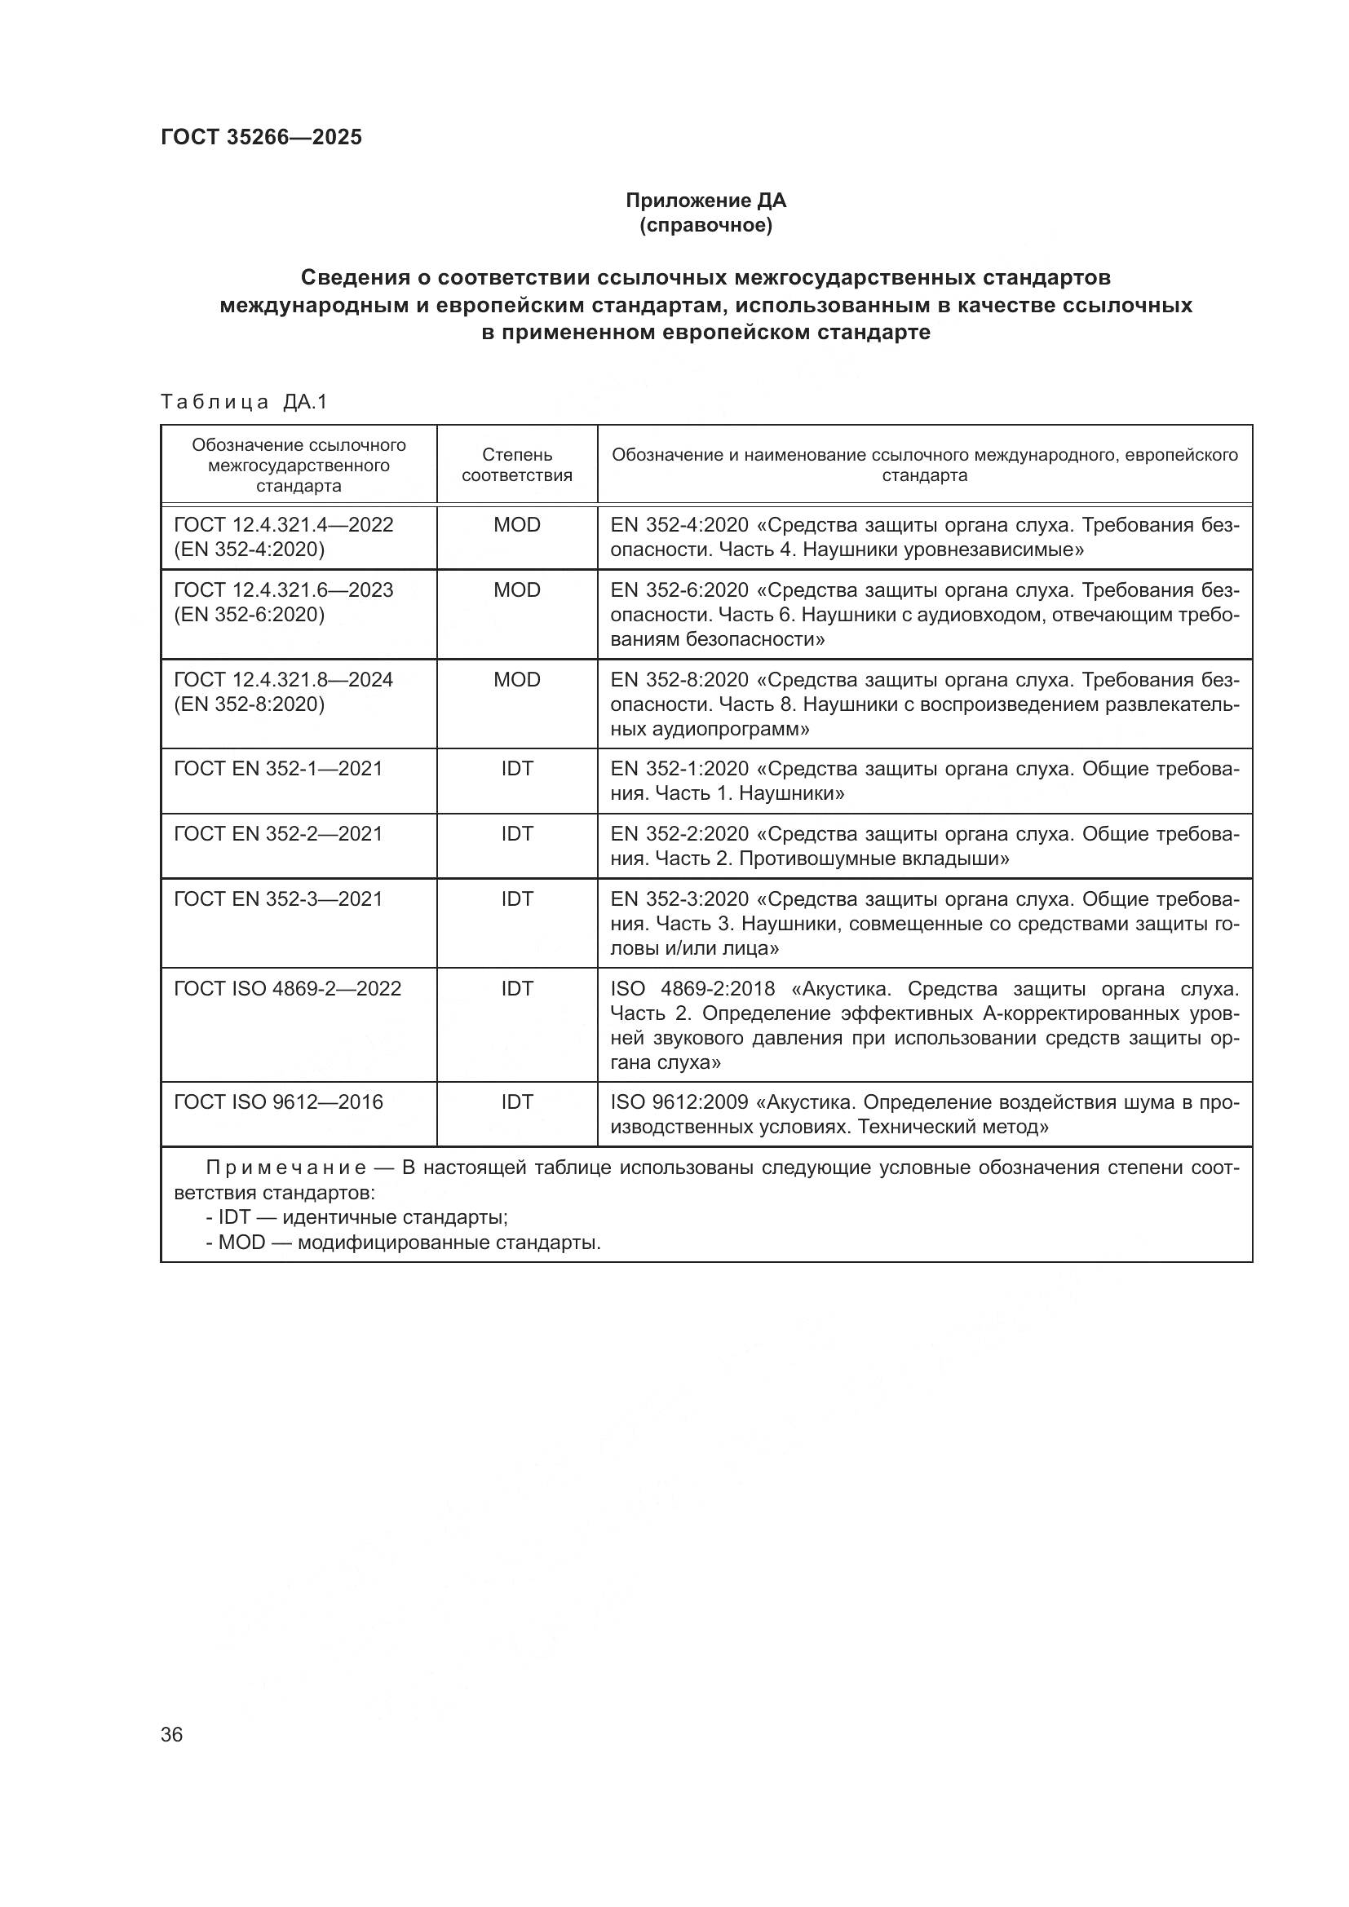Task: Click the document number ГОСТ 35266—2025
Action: click(261, 137)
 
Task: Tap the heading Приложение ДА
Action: click(705, 201)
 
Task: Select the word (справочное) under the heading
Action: click(705, 225)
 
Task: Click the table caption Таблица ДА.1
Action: click(244, 402)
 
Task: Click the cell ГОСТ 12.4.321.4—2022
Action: click(283, 525)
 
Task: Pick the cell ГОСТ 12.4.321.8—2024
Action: click(283, 679)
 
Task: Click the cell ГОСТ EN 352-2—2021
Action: click(278, 833)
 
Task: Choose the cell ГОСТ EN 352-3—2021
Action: click(278, 898)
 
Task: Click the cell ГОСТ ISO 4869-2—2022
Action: click(287, 988)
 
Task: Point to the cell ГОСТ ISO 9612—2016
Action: click(278, 1102)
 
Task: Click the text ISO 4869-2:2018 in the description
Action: click(692, 989)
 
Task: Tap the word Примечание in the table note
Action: click(285, 1168)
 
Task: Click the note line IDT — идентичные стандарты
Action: click(357, 1217)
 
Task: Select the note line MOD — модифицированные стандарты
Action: click(403, 1243)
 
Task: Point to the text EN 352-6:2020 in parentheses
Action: click(250, 615)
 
